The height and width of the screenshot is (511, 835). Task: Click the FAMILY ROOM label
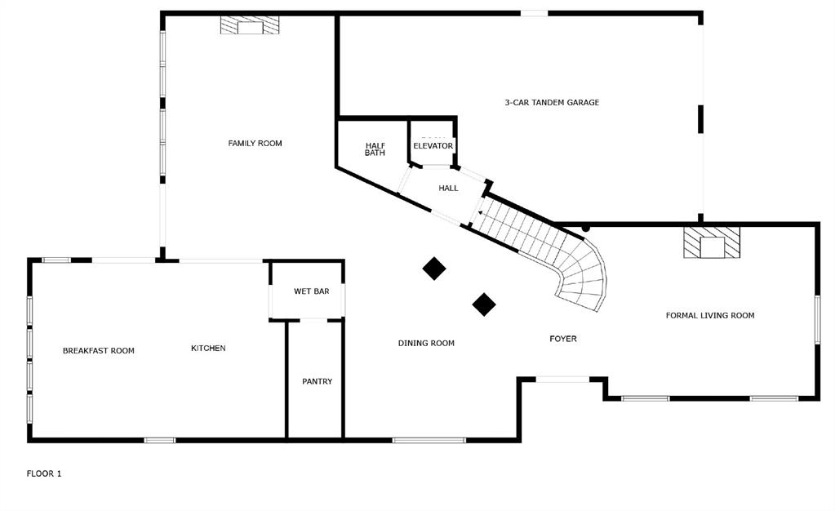click(255, 144)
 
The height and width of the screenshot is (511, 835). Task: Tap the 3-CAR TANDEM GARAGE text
click(552, 103)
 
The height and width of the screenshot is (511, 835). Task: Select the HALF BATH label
click(375, 149)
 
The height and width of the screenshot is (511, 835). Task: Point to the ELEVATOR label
click(433, 146)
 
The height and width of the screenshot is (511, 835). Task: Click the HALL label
click(448, 189)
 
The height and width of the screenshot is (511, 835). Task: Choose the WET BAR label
click(312, 291)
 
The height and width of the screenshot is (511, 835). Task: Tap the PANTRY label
click(317, 381)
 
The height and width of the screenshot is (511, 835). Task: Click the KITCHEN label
click(208, 349)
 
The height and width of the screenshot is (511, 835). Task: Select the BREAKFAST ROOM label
click(99, 351)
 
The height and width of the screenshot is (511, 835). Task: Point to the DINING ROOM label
click(426, 344)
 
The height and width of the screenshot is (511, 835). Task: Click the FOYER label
click(563, 339)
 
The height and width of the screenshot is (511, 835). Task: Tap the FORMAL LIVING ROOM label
click(710, 316)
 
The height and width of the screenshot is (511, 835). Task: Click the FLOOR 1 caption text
click(44, 473)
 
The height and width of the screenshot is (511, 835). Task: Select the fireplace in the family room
click(250, 26)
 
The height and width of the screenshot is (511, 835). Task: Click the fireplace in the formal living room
click(712, 243)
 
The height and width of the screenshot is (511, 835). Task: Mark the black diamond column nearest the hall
click(433, 269)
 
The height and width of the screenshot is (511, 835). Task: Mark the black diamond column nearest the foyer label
click(484, 304)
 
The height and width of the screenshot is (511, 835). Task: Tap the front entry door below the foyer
click(562, 379)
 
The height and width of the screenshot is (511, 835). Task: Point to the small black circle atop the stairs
click(585, 228)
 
